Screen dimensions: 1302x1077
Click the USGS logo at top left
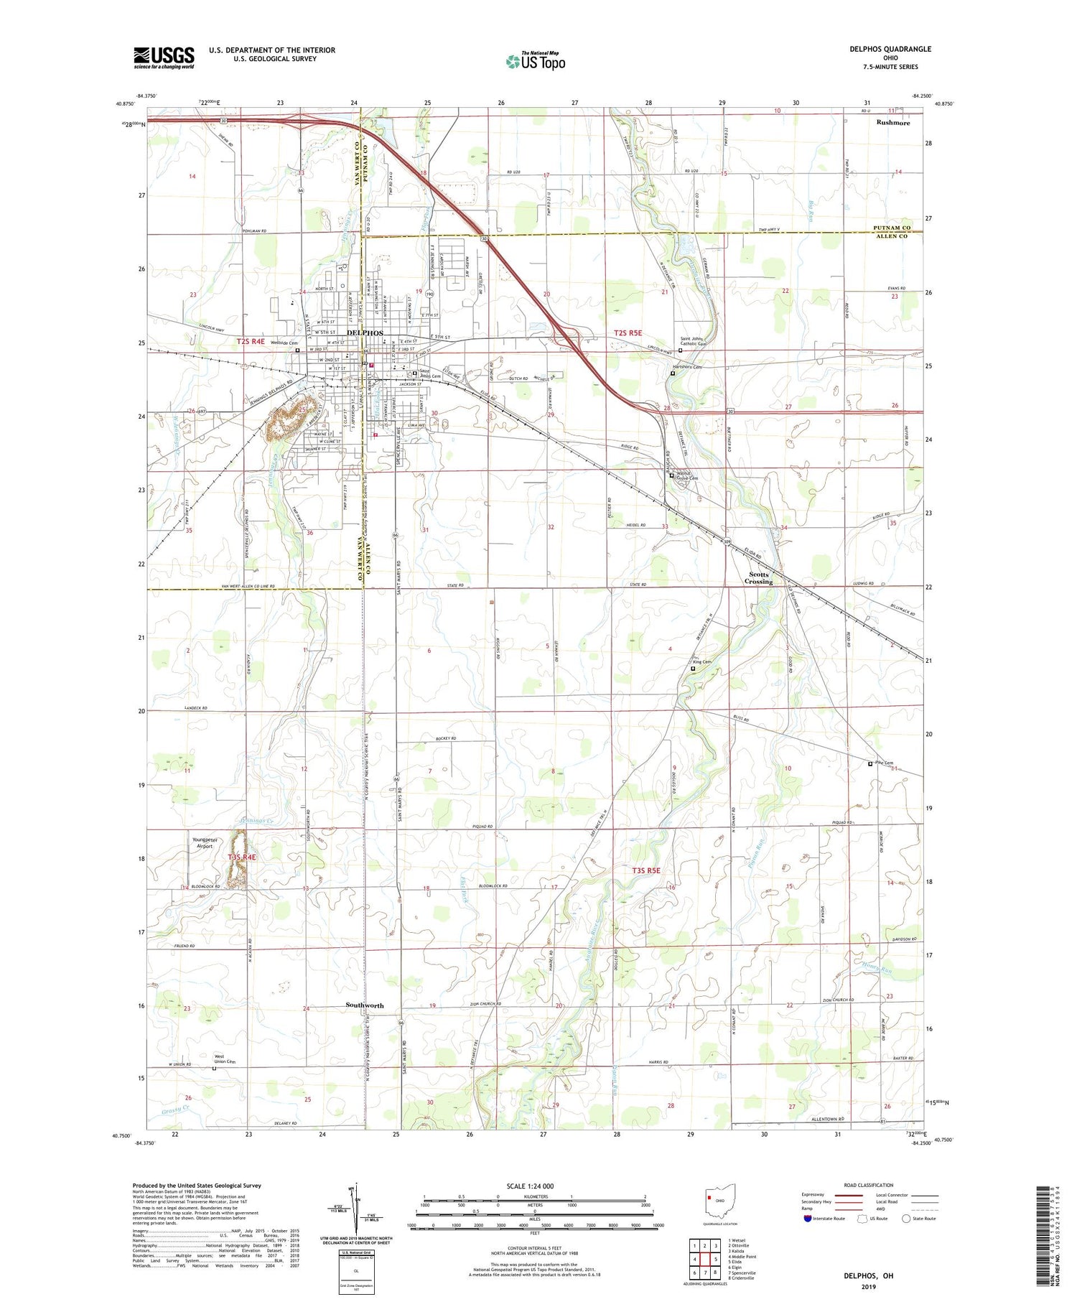[164, 57]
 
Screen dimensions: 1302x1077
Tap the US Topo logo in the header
[536, 62]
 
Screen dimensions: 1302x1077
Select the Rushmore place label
[892, 123]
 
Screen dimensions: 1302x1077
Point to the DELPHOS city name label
[365, 333]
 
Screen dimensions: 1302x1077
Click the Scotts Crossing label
[759, 578]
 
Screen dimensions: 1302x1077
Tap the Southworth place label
[365, 1005]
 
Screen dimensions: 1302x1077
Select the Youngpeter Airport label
[205, 843]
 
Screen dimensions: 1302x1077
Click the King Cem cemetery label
[701, 662]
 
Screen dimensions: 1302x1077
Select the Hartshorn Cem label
[686, 367]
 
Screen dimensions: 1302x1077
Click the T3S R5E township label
[646, 870]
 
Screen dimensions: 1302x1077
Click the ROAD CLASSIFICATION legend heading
[869, 1186]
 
